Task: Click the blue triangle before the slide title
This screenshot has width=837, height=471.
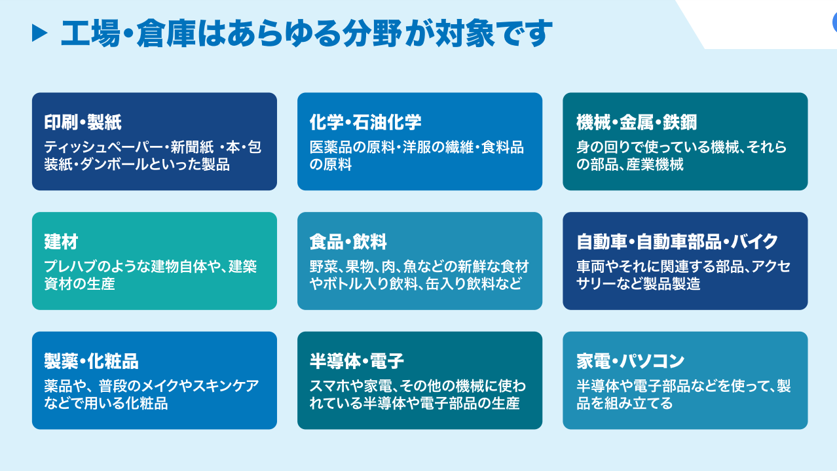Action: (x=40, y=33)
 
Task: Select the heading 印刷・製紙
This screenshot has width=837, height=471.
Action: (x=83, y=122)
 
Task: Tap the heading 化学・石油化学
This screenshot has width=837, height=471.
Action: (x=365, y=122)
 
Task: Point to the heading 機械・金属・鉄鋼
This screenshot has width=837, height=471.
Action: (x=637, y=122)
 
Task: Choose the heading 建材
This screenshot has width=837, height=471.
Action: (x=61, y=242)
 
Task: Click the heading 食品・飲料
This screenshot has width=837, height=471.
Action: (x=348, y=242)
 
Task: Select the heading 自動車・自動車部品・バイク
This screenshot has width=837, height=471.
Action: (x=677, y=242)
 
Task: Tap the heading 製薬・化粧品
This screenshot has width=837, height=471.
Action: (x=92, y=361)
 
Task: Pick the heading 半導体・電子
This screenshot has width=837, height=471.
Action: (x=357, y=361)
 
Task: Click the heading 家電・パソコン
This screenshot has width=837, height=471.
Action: (x=631, y=361)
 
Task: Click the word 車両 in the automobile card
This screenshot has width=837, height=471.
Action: (x=589, y=267)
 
